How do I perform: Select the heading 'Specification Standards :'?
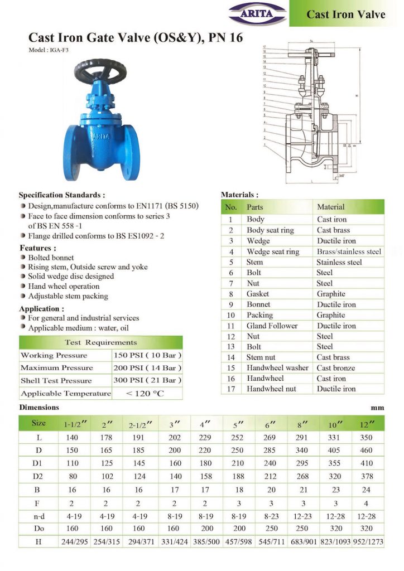(x=62, y=195)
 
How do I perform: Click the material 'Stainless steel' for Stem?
(x=339, y=262)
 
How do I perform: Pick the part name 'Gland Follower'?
(x=272, y=326)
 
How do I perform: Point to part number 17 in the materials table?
(x=230, y=389)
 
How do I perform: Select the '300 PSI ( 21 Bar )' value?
(x=147, y=380)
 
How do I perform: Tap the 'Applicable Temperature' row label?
(x=65, y=393)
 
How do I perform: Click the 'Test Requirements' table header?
(x=100, y=342)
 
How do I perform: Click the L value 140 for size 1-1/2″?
(x=72, y=438)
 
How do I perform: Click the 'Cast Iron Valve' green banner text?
(x=345, y=14)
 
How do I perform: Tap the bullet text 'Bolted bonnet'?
(x=51, y=258)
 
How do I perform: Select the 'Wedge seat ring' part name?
(x=273, y=251)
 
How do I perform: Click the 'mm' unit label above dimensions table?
(x=378, y=408)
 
